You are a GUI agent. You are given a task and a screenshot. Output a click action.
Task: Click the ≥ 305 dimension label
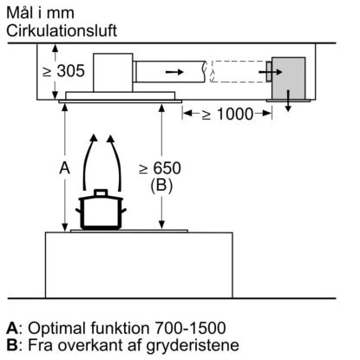pyautogui.click(x=63, y=71)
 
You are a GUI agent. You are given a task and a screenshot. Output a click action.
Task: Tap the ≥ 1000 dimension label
pyautogui.click(x=227, y=114)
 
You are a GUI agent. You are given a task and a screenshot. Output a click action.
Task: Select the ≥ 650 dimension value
pyautogui.click(x=160, y=168)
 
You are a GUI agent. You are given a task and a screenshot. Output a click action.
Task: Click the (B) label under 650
pyautogui.click(x=161, y=185)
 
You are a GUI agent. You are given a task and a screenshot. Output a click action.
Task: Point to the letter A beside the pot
pyautogui.click(x=64, y=167)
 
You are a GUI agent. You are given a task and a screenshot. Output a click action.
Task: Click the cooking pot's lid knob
pyautogui.click(x=101, y=193)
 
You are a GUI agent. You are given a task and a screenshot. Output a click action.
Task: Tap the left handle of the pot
pyautogui.click(x=79, y=211)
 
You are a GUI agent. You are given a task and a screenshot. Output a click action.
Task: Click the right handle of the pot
pyautogui.click(x=123, y=211)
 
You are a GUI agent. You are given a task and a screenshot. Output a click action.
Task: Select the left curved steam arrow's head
pyautogui.click(x=93, y=138)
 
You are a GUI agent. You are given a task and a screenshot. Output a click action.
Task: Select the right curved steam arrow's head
pyautogui.click(x=111, y=138)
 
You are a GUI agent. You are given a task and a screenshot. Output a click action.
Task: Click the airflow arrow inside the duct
pyautogui.click(x=174, y=72)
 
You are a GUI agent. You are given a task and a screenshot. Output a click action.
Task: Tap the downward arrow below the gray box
pyautogui.click(x=288, y=101)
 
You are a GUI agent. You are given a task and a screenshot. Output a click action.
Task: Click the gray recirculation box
pyautogui.click(x=288, y=78)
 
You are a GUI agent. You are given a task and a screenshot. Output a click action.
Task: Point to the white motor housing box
pyautogui.click(x=113, y=73)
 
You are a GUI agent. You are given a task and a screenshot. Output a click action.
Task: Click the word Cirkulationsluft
pyautogui.click(x=62, y=31)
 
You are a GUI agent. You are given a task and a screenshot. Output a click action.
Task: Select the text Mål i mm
pyautogui.click(x=40, y=13)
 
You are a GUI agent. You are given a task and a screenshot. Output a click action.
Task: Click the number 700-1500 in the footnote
pyautogui.click(x=190, y=328)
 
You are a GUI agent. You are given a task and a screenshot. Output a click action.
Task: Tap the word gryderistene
pyautogui.click(x=193, y=346)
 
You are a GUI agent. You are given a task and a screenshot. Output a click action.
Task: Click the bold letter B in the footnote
pyautogui.click(x=11, y=345)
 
